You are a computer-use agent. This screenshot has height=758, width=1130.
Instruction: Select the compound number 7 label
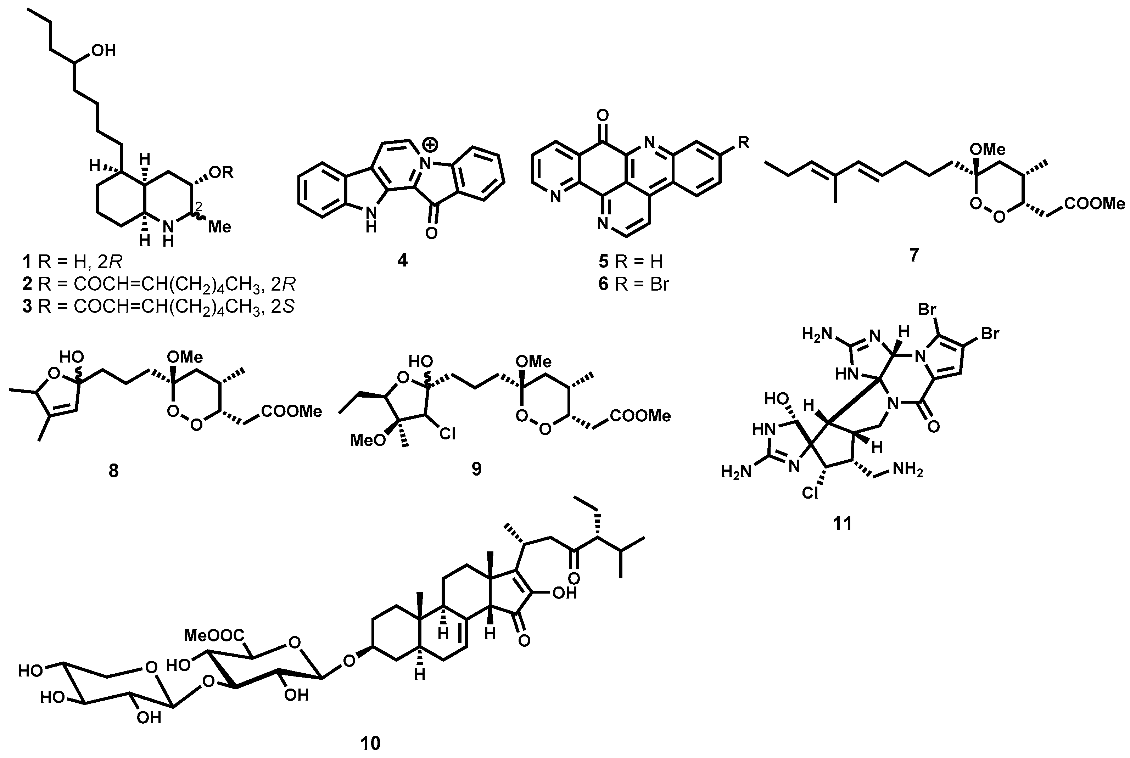913,254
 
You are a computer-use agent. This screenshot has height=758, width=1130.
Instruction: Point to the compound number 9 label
476,468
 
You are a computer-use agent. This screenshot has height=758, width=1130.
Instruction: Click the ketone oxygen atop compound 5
603,115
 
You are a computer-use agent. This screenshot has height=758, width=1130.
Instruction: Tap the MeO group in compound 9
368,440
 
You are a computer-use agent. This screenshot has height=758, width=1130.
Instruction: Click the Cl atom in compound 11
810,493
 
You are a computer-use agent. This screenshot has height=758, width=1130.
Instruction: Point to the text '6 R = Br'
633,284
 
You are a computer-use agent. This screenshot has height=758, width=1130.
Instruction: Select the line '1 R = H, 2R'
73,262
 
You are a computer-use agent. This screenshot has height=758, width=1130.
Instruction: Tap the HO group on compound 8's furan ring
72,357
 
